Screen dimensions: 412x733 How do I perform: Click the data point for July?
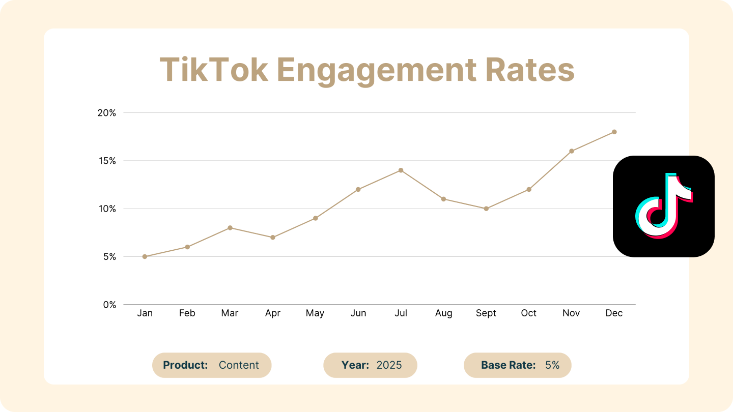tap(401, 170)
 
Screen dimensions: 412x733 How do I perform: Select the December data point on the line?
tap(614, 132)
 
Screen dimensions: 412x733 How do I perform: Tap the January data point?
tap(145, 256)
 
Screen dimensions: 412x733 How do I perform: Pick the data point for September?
tap(486, 209)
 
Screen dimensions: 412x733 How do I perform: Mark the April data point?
tap(273, 238)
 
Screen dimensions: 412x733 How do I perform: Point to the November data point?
tap(571, 151)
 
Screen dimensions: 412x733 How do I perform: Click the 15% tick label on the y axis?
tap(106, 161)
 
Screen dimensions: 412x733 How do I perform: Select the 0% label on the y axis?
tap(109, 305)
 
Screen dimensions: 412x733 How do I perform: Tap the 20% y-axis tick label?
tap(106, 113)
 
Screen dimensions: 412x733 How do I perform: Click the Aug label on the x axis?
tap(443, 313)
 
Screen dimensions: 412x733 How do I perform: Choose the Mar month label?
tap(230, 313)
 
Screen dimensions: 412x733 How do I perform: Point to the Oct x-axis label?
tap(528, 313)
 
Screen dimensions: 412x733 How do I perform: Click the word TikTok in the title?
tap(214, 70)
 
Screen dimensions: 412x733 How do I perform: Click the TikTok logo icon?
tap(663, 206)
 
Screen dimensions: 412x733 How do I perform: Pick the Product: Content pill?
tap(212, 365)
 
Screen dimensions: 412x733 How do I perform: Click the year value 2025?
tap(389, 365)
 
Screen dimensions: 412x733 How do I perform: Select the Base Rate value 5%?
tap(552, 365)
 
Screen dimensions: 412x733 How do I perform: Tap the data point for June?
tap(358, 189)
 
